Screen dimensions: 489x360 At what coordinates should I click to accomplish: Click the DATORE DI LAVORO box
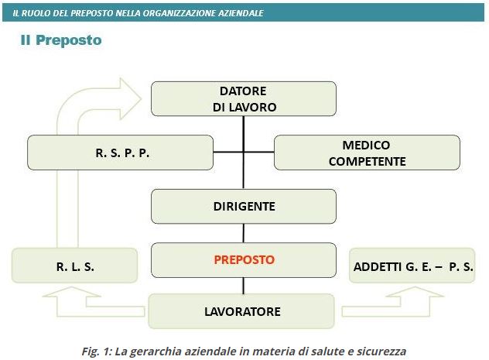coord(244,99)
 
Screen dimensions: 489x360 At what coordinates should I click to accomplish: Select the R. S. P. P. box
coord(121,153)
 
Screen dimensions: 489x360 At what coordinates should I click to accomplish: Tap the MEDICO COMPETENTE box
coord(367,153)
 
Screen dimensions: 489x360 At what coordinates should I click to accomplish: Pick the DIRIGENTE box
coord(244,206)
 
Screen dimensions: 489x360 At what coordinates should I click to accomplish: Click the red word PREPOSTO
coord(244,260)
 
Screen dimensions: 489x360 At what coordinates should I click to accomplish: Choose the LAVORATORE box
coord(241,311)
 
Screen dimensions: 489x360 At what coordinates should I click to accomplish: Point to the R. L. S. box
coord(74,266)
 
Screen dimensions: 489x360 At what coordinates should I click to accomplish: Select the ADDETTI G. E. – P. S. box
coord(412,266)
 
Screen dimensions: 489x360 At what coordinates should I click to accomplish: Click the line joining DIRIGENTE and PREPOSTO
coord(244,233)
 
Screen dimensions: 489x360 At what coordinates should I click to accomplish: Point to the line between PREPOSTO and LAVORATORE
coord(244,286)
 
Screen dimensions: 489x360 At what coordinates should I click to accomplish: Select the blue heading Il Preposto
coord(61,40)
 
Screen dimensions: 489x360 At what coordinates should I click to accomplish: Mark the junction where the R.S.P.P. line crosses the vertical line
coord(244,153)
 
